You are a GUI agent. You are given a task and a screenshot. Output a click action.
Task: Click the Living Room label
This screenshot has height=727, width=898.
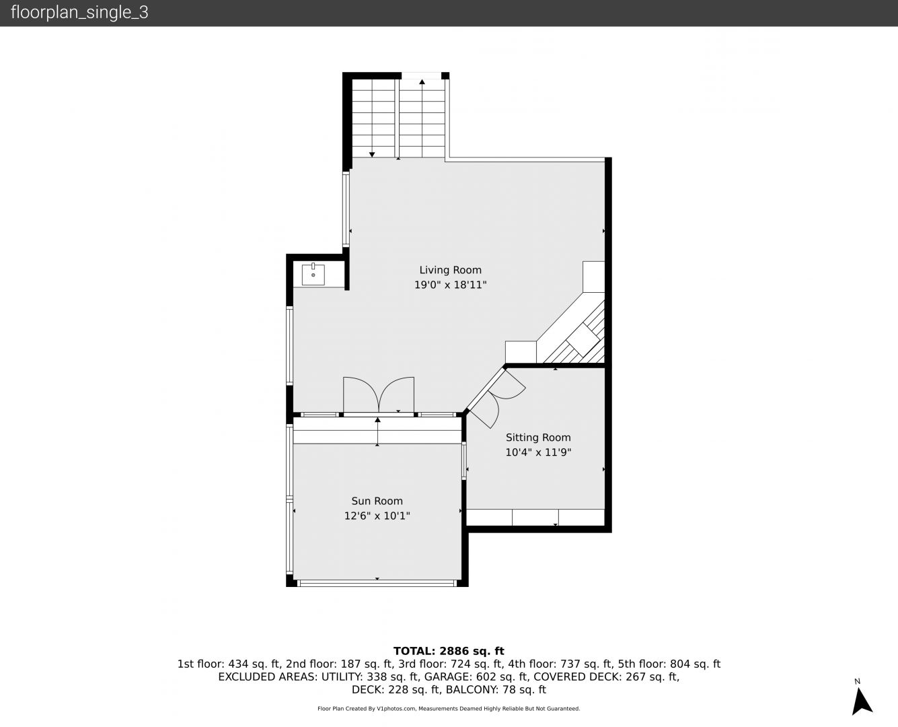[450, 270]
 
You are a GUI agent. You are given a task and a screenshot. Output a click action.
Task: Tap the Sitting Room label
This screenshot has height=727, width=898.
[538, 438]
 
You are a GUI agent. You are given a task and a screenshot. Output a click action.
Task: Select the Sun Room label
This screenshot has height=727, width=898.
[377, 501]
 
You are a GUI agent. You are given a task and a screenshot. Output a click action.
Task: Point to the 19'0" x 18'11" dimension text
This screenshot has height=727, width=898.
[450, 285]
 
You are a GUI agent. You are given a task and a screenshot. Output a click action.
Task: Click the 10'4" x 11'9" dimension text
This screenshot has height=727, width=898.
[538, 452]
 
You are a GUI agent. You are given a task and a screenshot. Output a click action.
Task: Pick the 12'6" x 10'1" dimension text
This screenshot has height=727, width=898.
[377, 516]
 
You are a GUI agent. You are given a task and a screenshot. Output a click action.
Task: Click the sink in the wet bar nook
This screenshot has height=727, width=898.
[313, 274]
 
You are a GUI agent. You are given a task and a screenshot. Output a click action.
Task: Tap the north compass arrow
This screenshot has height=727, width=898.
[862, 701]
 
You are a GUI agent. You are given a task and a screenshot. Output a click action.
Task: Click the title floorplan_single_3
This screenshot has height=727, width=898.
[79, 13]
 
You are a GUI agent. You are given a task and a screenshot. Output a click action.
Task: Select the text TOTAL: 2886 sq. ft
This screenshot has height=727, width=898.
[449, 651]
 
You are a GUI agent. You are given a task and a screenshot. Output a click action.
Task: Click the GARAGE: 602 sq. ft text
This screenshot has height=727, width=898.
[476, 677]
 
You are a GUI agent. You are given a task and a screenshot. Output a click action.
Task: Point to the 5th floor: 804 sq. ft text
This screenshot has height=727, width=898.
[669, 664]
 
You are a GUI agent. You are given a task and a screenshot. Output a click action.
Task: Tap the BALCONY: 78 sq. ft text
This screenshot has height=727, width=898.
[496, 690]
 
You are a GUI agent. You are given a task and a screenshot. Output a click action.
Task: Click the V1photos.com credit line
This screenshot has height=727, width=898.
[449, 709]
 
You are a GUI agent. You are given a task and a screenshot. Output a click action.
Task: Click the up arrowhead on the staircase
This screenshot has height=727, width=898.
[422, 81]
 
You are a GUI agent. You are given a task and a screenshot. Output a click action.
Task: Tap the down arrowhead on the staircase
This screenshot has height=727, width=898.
[372, 155]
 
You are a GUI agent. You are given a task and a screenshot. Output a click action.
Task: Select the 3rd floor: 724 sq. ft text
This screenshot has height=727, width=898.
[451, 664]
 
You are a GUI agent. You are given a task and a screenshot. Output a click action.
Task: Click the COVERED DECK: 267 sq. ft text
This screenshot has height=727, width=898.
[607, 677]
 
